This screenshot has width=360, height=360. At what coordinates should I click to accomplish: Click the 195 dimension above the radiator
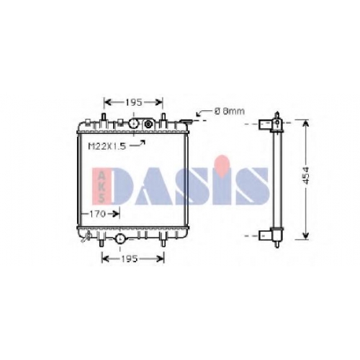[134, 102]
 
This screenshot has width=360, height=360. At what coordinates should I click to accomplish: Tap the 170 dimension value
[97, 214]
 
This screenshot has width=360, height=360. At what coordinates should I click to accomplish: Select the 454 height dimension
[305, 175]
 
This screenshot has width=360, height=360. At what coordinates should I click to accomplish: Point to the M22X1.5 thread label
[107, 146]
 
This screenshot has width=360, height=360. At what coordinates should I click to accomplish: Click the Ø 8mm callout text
[230, 111]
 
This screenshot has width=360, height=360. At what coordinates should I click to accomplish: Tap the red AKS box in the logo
[102, 186]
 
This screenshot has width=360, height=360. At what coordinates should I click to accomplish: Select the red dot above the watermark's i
[222, 163]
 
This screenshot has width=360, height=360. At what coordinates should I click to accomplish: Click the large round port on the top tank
[133, 123]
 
